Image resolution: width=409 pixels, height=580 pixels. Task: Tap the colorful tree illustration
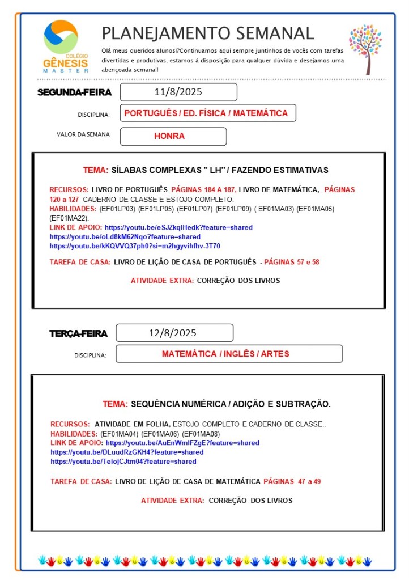[365, 49]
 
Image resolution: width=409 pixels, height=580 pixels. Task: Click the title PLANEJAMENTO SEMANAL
[207, 33]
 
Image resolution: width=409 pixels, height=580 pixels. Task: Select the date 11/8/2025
[178, 92]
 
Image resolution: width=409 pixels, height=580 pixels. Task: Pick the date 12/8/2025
[173, 333]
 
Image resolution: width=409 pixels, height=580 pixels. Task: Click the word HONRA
[169, 136]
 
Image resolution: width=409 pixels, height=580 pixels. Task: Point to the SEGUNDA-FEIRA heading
[74, 92]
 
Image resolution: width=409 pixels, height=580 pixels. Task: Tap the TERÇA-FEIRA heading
[78, 333]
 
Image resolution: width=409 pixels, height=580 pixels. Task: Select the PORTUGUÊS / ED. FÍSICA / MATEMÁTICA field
[206, 113]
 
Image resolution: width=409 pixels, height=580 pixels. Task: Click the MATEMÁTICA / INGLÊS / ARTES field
[225, 354]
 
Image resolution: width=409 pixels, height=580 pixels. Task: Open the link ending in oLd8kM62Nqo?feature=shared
[125, 236]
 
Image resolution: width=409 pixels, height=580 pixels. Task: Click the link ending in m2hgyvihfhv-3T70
[135, 246]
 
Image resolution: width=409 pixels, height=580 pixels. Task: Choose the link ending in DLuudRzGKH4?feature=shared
[127, 452]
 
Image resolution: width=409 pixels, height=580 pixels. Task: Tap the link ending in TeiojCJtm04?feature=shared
[123, 462]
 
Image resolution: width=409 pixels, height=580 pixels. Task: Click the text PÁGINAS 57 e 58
[293, 262]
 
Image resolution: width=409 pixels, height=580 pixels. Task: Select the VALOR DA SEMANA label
[83, 134]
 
